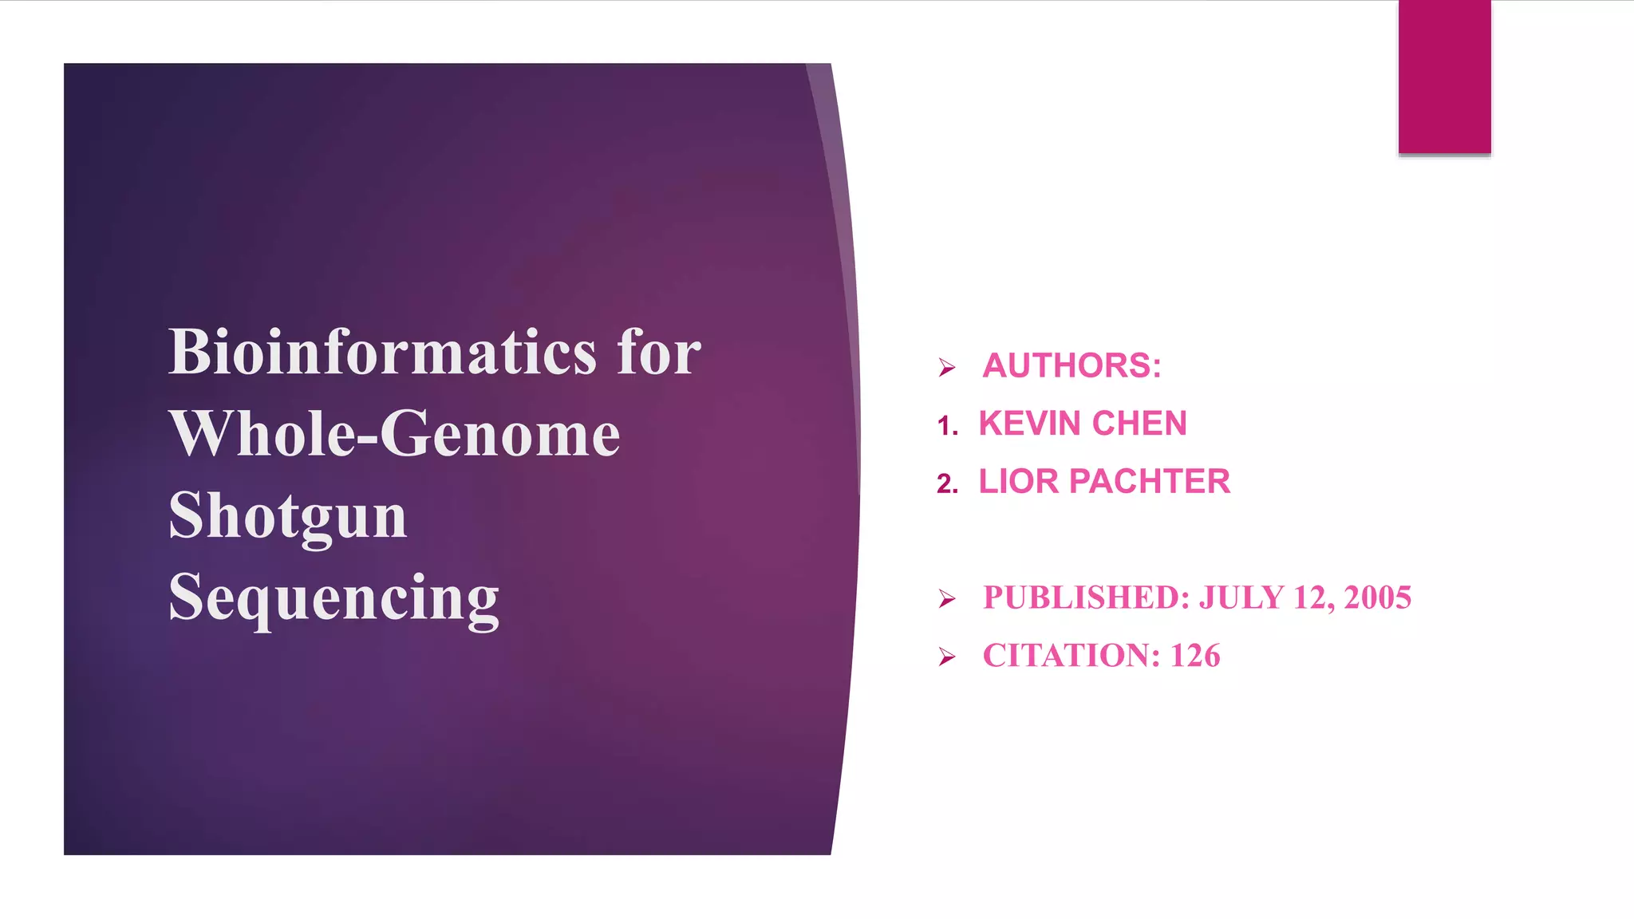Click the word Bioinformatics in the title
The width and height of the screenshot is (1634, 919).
[382, 352]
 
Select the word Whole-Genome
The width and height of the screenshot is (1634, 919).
[394, 434]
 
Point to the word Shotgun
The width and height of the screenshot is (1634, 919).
[288, 517]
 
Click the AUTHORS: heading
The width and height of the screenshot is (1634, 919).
[1072, 366]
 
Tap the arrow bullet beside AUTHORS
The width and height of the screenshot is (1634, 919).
[947, 368]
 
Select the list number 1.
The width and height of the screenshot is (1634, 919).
[946, 426]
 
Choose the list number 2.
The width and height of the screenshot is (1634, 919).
[946, 484]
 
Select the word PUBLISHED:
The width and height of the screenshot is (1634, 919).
[1087, 598]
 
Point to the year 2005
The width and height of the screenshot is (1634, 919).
[1377, 598]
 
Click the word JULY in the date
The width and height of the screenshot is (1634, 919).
[1241, 598]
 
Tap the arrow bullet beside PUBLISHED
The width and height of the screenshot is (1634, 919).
[947, 599]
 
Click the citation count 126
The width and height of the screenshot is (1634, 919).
[1195, 656]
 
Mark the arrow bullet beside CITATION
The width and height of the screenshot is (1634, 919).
[947, 657]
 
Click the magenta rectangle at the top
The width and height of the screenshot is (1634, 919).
[1444, 77]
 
